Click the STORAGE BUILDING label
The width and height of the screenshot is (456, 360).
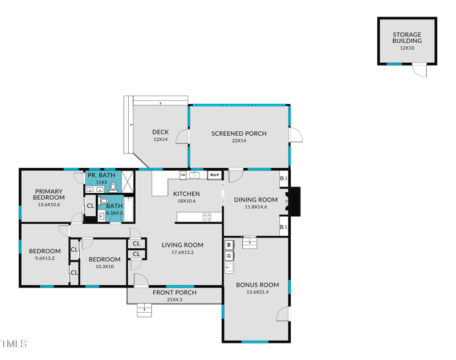coord(407,38)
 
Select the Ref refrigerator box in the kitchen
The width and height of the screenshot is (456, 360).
coord(214,175)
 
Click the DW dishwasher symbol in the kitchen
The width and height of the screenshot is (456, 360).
coord(183,175)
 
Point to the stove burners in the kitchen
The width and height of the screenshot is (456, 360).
coord(207,217)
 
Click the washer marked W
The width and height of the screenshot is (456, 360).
coord(229,245)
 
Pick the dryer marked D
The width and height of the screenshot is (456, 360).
coord(229,256)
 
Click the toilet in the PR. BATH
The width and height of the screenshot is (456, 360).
coord(113,187)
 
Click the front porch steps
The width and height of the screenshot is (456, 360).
coord(145,311)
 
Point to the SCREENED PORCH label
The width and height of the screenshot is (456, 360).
coord(239,134)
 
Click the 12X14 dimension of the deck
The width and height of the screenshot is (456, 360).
coord(160,140)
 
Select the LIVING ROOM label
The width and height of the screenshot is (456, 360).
coord(182,245)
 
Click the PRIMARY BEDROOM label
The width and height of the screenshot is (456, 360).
coord(49,195)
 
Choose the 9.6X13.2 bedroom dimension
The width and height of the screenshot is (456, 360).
coord(44,258)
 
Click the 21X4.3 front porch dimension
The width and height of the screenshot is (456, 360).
coord(174,300)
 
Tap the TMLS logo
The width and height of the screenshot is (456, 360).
coord(14,344)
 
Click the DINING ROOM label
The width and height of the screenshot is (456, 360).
coord(256,200)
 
